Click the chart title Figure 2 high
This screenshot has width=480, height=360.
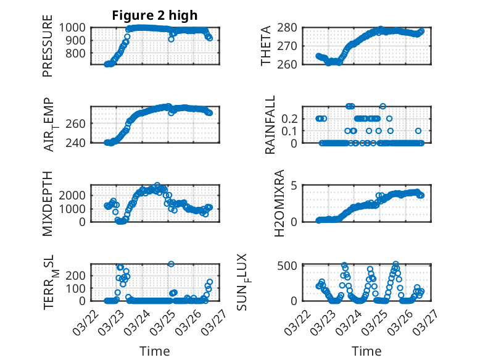pyautogui.click(x=155, y=15)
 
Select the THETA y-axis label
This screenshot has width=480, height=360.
pyautogui.click(x=266, y=46)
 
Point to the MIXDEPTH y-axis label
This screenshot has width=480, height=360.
pyautogui.click(x=48, y=203)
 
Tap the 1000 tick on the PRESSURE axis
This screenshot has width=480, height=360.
pyautogui.click(x=77, y=27)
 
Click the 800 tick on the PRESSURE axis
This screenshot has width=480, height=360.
pyautogui.click(x=80, y=53)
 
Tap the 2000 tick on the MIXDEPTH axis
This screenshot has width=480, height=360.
pyautogui.click(x=77, y=195)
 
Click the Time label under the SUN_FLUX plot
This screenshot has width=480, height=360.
pyautogui.click(x=366, y=351)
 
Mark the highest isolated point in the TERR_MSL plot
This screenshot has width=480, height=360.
pyautogui.click(x=171, y=264)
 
